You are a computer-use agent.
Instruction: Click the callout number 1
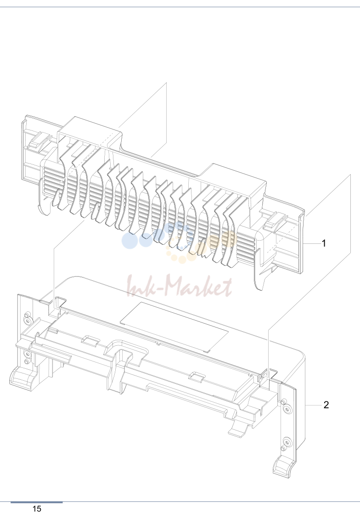(x=324, y=243)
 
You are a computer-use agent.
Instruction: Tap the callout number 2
(x=326, y=405)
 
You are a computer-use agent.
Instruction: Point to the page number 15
(x=37, y=509)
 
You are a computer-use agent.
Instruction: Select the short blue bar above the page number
(x=36, y=502)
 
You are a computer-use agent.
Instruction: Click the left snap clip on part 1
(x=38, y=141)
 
